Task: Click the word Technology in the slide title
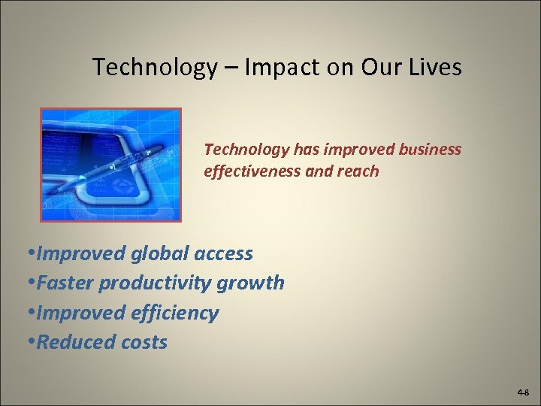coord(155,68)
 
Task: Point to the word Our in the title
coord(380,68)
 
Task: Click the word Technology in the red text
coord(241,150)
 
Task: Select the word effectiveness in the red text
coord(252,171)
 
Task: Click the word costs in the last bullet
coord(144,342)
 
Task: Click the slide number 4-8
coord(523,393)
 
